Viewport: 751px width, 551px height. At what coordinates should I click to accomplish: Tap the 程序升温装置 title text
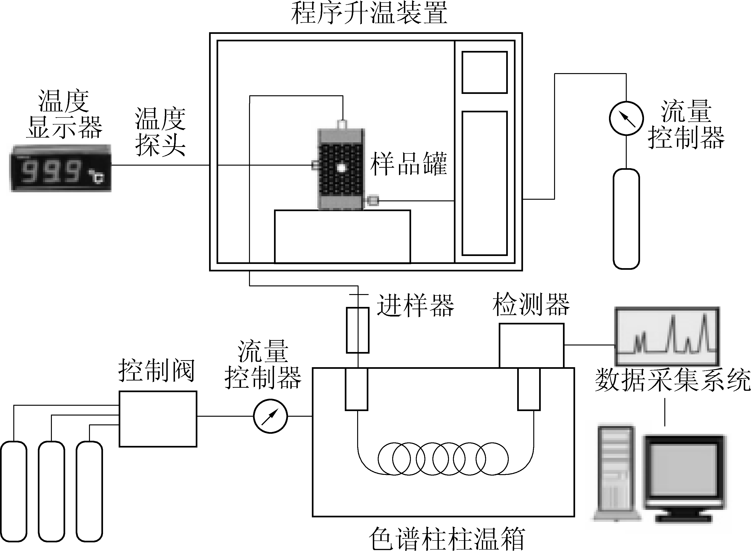[369, 13]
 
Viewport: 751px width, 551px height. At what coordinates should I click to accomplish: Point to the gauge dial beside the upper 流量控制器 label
[626, 118]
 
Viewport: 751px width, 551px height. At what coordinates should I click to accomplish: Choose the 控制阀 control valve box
[158, 419]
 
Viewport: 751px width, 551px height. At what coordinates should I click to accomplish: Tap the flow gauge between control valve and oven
[270, 416]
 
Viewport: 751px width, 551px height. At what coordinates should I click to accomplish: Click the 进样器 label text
[415, 305]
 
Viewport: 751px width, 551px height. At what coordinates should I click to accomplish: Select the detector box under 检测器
[531, 345]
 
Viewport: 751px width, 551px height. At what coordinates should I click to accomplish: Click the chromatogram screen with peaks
[667, 336]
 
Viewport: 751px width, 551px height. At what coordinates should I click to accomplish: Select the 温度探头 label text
[160, 132]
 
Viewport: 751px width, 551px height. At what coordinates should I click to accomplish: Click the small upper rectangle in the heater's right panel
[484, 72]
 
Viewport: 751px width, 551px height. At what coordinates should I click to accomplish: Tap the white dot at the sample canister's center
[341, 167]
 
